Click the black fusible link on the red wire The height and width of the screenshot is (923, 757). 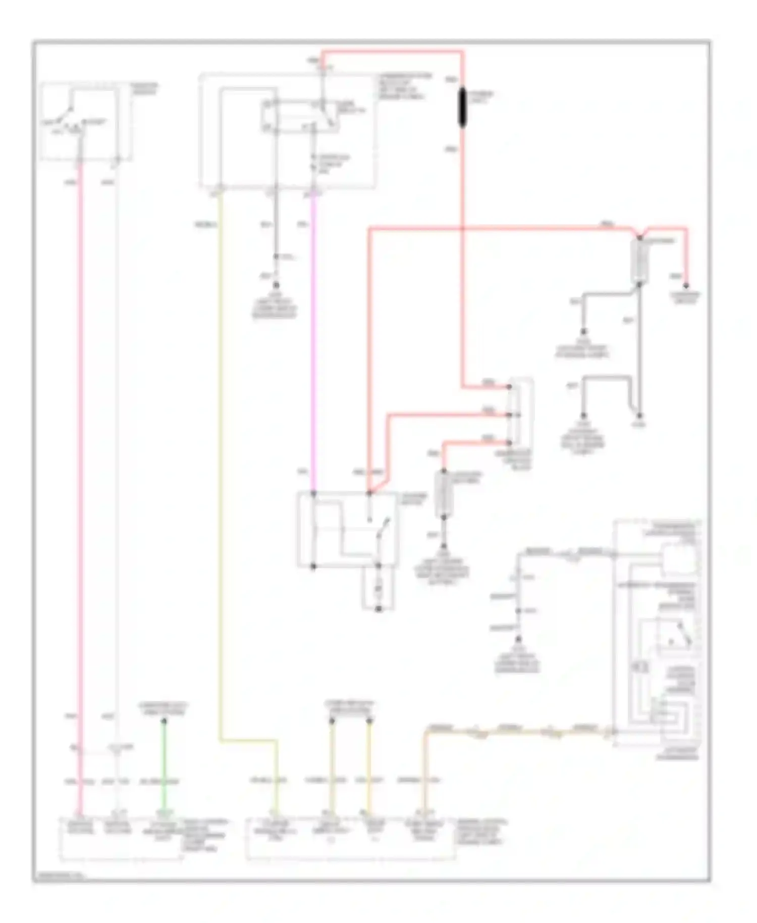(462, 108)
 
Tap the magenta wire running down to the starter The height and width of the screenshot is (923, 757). (313, 343)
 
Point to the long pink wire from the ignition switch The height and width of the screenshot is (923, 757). (79, 454)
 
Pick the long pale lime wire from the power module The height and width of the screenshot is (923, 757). (220, 454)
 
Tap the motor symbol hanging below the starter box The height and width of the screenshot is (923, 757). (379, 589)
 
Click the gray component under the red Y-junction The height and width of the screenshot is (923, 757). (639, 261)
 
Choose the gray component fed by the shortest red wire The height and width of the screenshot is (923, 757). (444, 494)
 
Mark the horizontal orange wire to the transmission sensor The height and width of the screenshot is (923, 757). (515, 731)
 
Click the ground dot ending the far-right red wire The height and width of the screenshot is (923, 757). (686, 286)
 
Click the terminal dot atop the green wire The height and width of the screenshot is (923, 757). (164, 721)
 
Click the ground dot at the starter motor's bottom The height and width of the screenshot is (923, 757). (379, 609)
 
